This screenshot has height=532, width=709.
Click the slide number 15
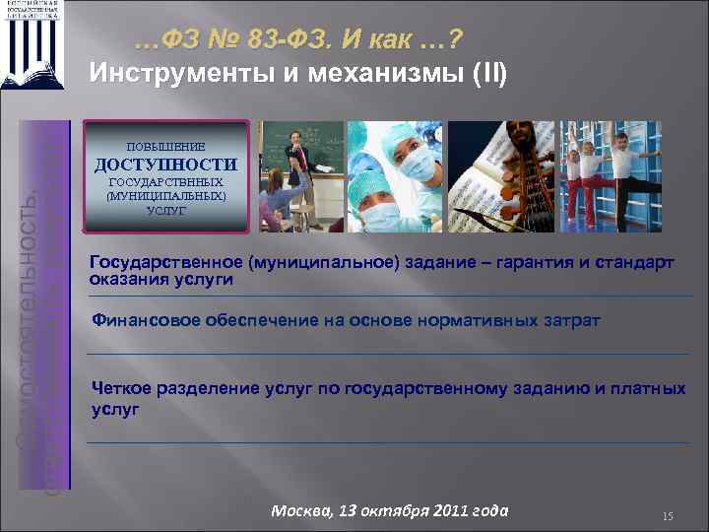(667, 515)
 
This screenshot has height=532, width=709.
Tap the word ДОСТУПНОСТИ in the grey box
(165, 164)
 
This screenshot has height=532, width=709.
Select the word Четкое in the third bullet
(121, 388)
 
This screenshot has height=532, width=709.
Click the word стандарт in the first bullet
(631, 263)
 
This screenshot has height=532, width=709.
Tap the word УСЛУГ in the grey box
(165, 211)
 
